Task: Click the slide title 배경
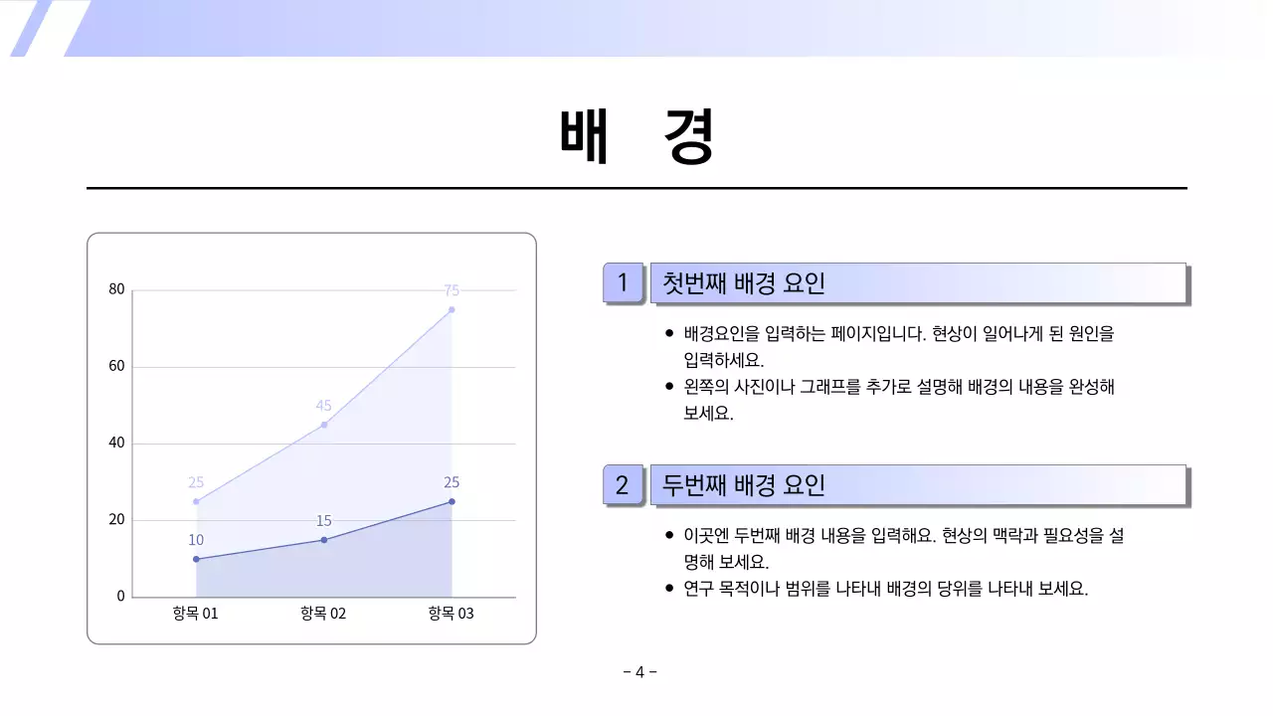[636, 136]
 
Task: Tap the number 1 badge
[623, 283]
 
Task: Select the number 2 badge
[623, 485]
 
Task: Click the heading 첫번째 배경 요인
[744, 283]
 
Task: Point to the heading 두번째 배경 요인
[744, 485]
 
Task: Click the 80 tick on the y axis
[117, 290]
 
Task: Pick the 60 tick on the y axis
[117, 367]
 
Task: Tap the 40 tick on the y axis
[117, 444]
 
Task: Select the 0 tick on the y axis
[121, 597]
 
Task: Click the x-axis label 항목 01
[195, 614]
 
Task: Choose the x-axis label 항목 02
[323, 614]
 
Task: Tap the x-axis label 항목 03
[452, 614]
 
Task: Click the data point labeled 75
[452, 310]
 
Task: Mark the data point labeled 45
[324, 425]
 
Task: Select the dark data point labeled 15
[324, 540]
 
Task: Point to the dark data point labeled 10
[196, 559]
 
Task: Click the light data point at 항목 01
[196, 501]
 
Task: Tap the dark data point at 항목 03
[452, 501]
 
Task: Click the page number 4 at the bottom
[639, 672]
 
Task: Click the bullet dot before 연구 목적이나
[669, 589]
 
